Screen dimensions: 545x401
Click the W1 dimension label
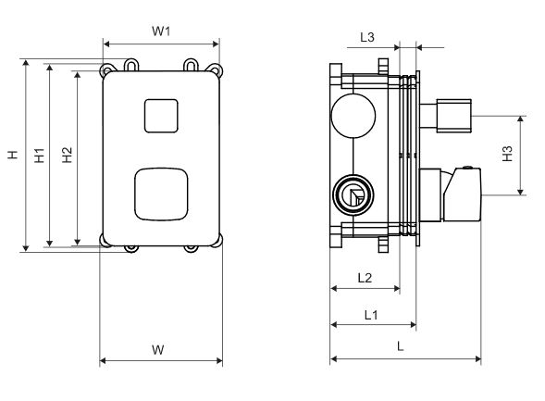(x=161, y=31)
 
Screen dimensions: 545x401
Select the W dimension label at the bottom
(x=158, y=349)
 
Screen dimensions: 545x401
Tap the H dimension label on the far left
(x=13, y=155)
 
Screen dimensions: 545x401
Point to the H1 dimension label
(x=39, y=155)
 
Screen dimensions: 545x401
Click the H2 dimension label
(x=67, y=155)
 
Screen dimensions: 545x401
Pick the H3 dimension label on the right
(x=507, y=154)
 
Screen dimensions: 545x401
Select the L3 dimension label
(x=367, y=37)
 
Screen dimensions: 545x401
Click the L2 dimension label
(x=365, y=278)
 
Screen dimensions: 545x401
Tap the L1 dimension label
(x=371, y=315)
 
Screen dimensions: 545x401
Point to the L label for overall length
(x=401, y=346)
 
